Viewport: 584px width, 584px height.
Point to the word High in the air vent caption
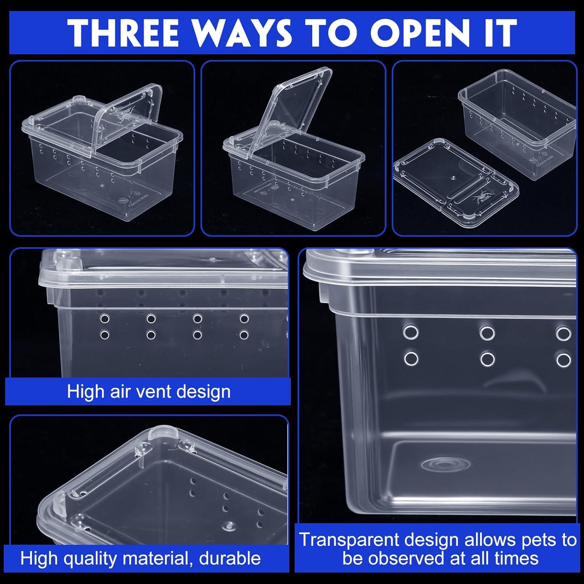point(86,391)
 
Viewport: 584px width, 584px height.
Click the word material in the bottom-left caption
point(156,558)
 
